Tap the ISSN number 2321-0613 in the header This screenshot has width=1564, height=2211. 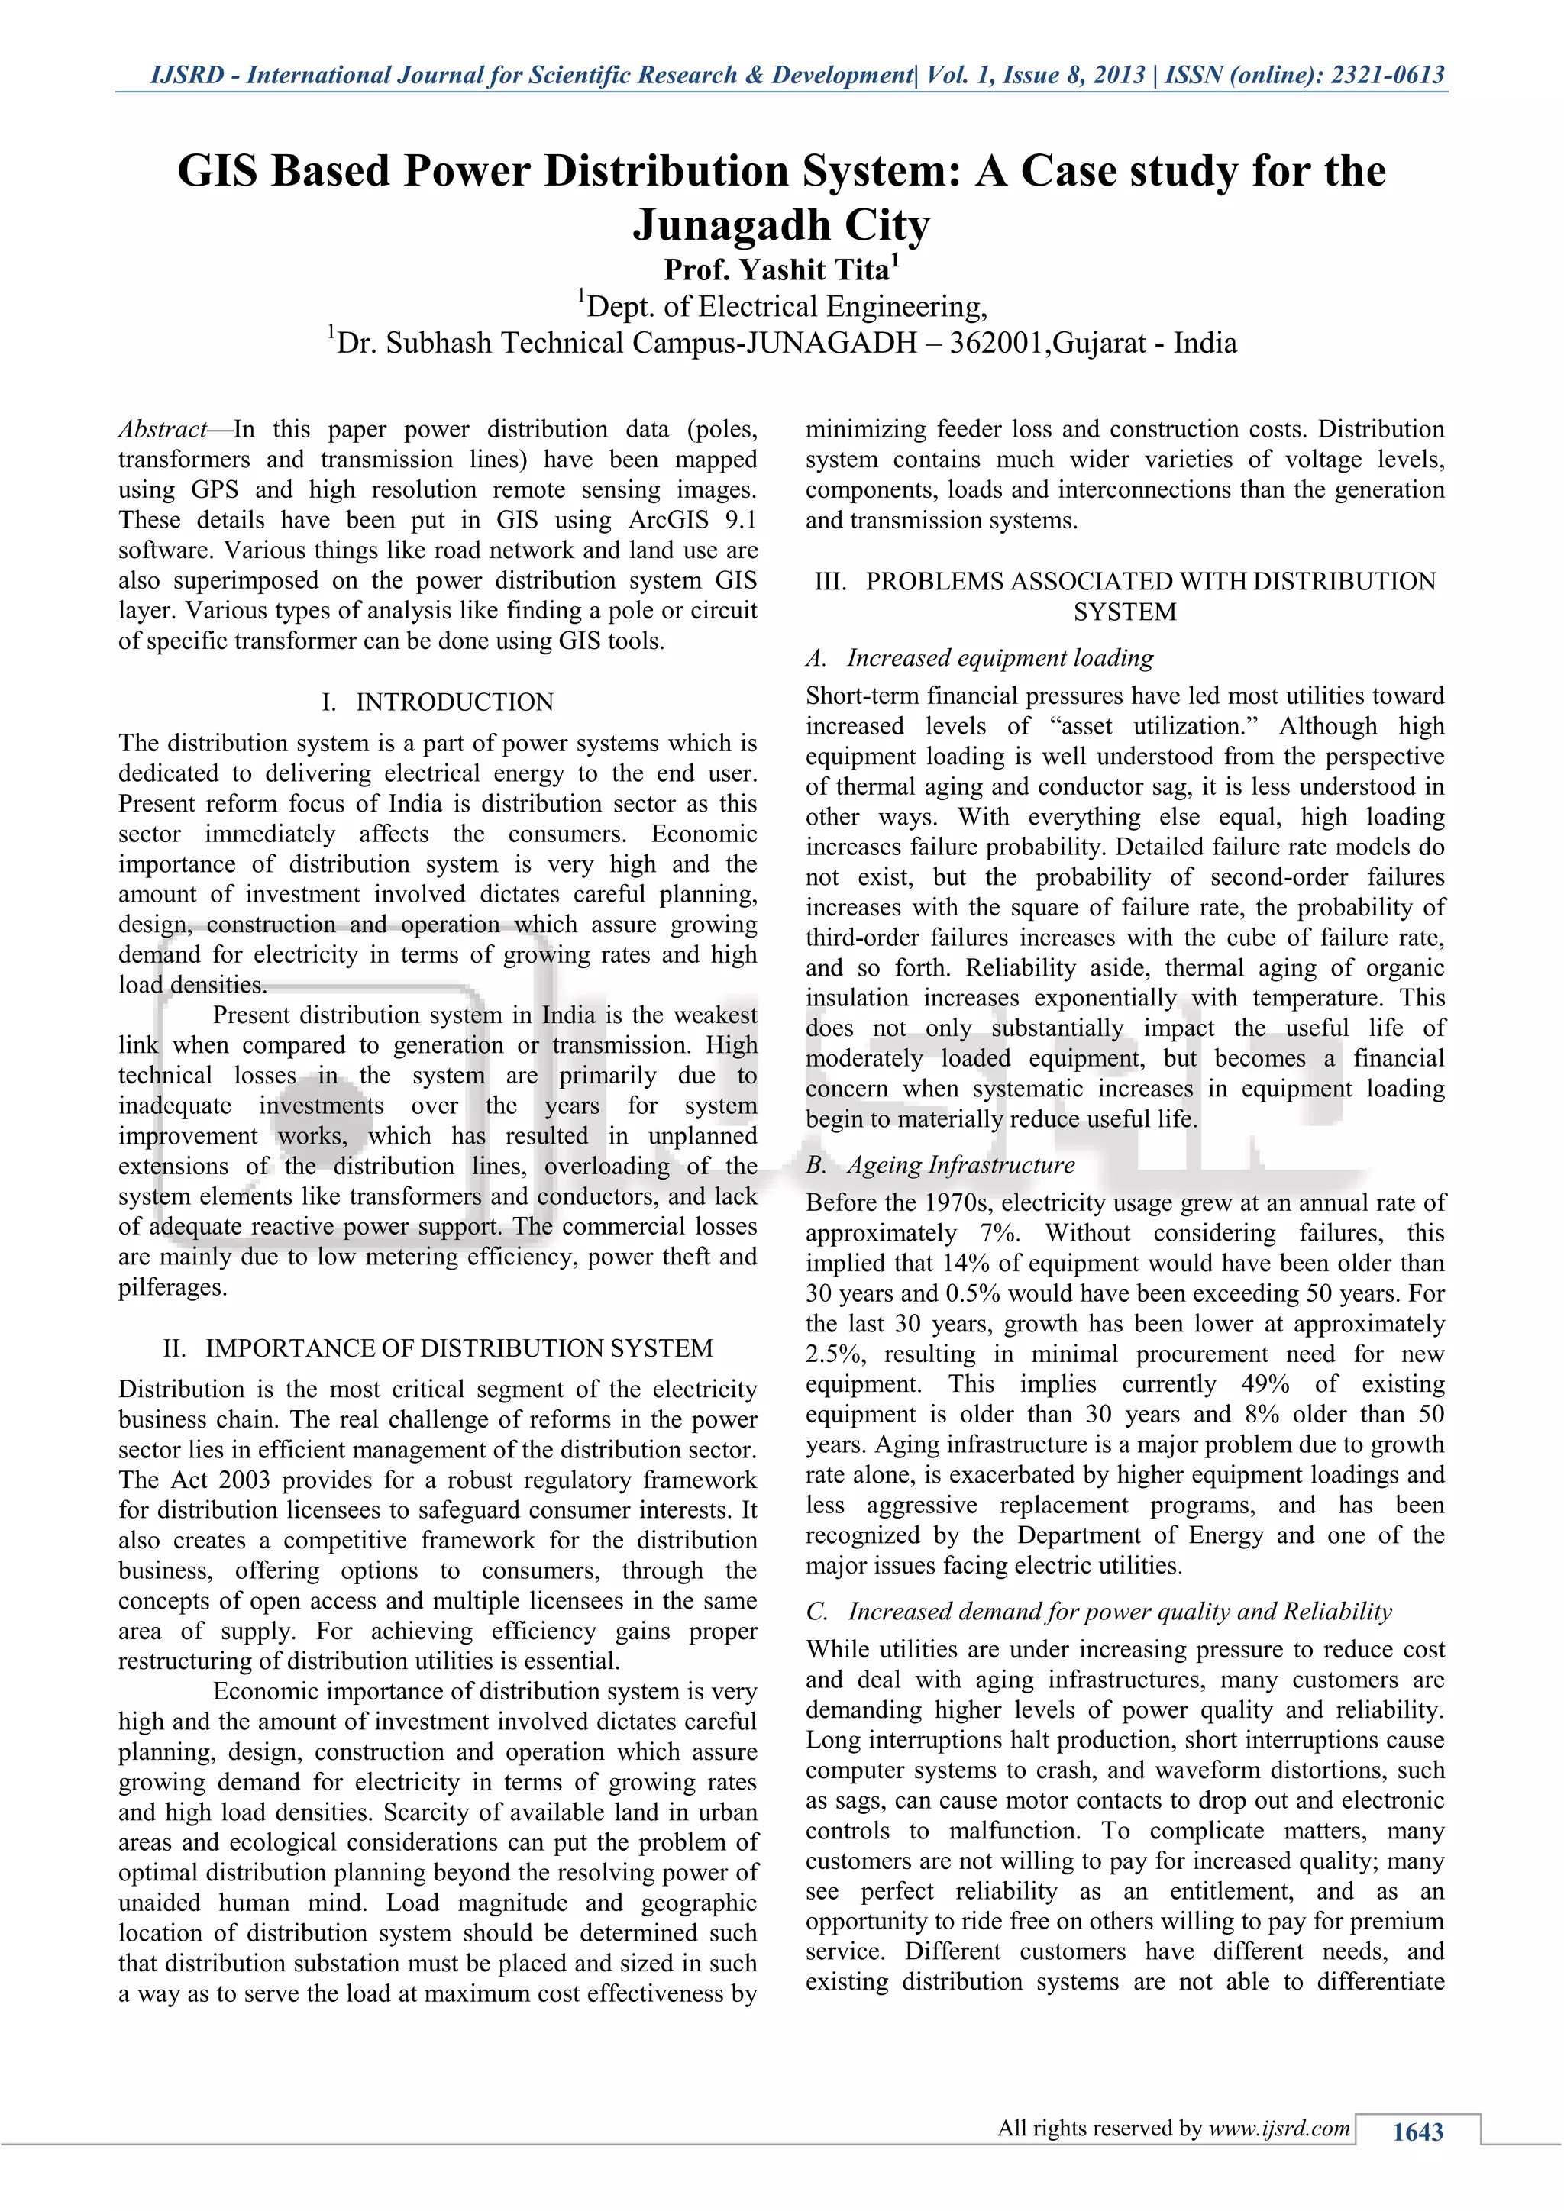pyautogui.click(x=1387, y=75)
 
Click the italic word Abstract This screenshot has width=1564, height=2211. pyautogui.click(x=163, y=430)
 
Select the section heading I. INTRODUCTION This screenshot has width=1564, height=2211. pyautogui.click(x=438, y=702)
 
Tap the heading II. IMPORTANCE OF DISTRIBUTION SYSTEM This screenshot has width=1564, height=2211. pyautogui.click(x=438, y=1348)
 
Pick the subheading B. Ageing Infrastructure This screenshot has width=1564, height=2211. pyautogui.click(x=941, y=1165)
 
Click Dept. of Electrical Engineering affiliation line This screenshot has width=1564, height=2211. pyautogui.click(x=782, y=307)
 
